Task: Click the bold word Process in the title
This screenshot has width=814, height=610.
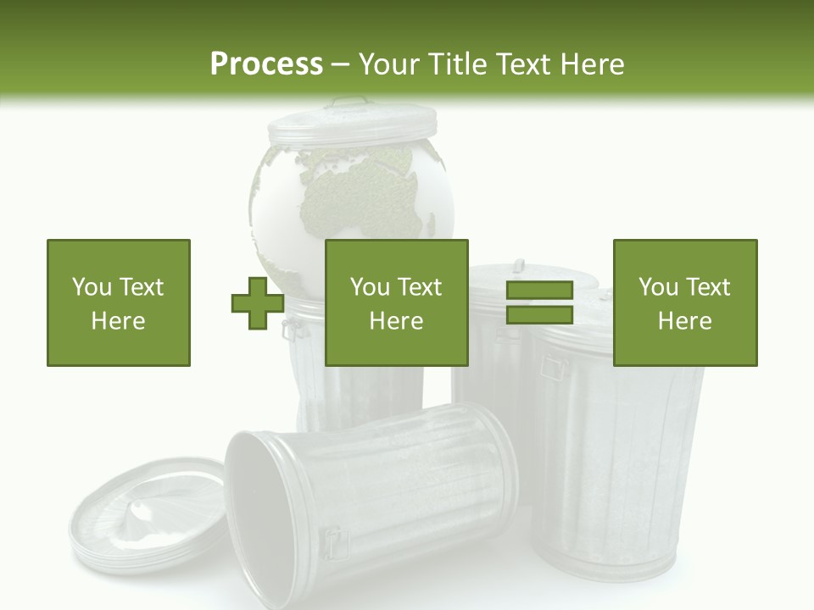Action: [x=266, y=64]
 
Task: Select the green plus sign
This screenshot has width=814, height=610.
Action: [x=258, y=303]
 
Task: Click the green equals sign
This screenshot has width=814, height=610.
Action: [x=539, y=302]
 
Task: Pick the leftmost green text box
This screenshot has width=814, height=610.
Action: [x=119, y=302]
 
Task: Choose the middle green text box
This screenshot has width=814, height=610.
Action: [x=397, y=302]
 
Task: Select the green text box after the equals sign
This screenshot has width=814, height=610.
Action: [x=685, y=302]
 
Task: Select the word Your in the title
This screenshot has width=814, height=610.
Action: [x=387, y=64]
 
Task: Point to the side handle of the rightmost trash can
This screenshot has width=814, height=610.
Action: [x=553, y=368]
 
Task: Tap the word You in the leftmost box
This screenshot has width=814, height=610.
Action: [x=92, y=287]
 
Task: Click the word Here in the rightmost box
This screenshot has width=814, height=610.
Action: [x=685, y=321]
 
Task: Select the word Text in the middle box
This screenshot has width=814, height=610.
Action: [x=421, y=287]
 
